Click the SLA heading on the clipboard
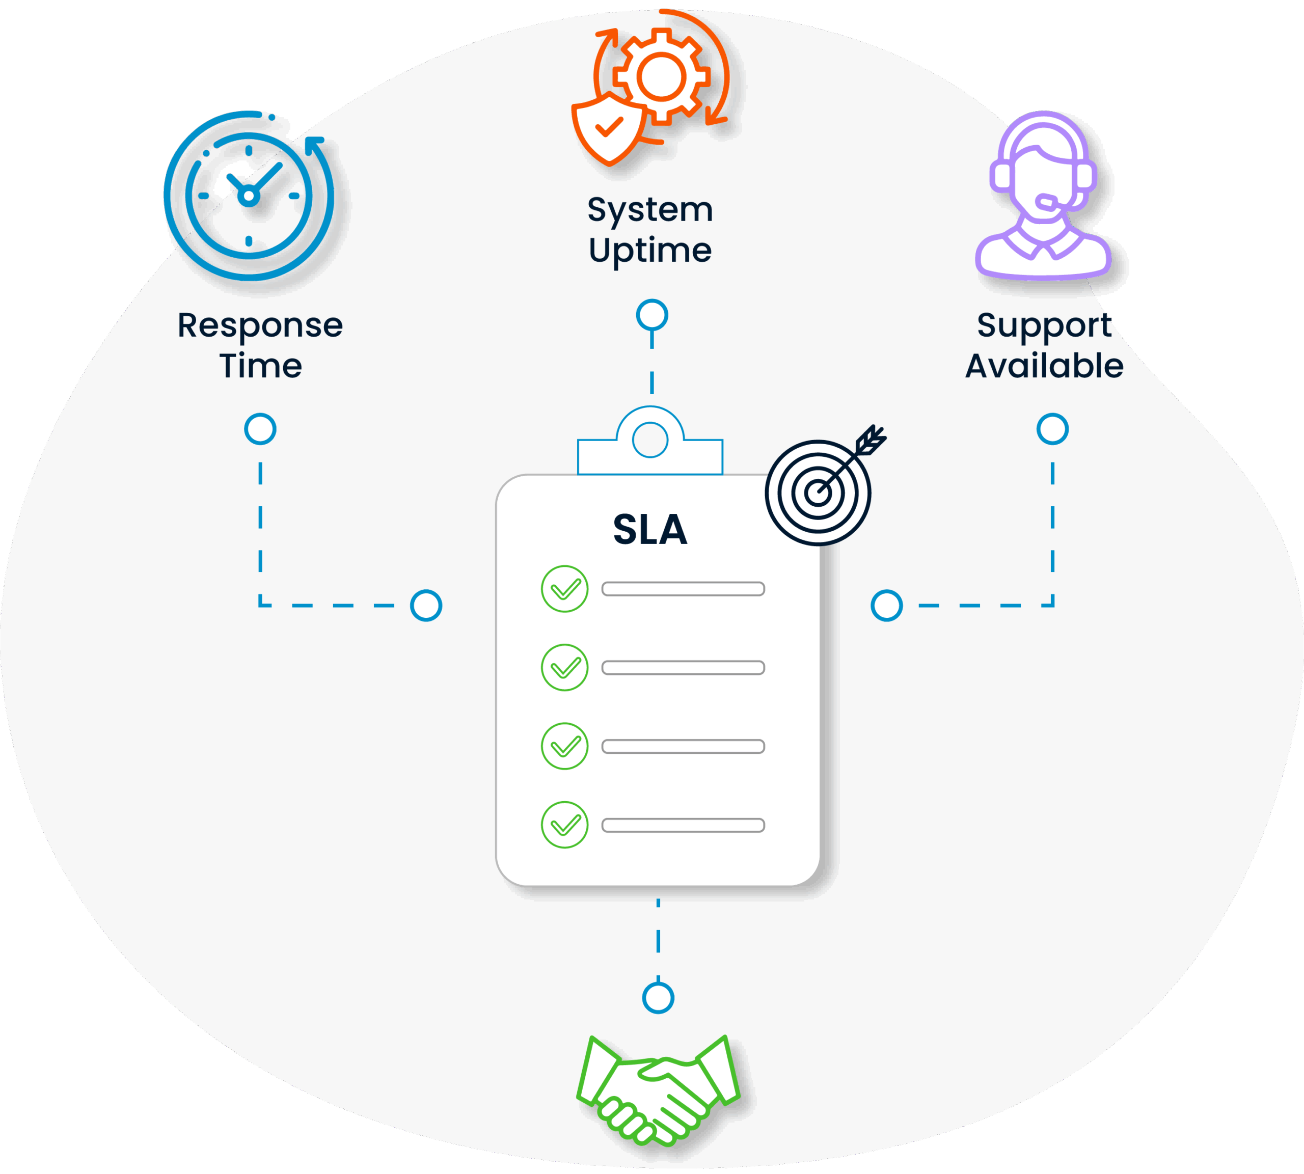[x=650, y=530]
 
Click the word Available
[x=1044, y=366]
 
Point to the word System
[x=650, y=210]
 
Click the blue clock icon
[x=250, y=196]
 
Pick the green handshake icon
[x=658, y=1089]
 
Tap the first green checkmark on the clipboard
[x=564, y=589]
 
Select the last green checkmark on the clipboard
[x=564, y=825]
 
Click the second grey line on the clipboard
[x=683, y=668]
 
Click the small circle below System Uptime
[x=651, y=315]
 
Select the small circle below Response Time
[x=260, y=429]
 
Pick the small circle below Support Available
[x=1052, y=429]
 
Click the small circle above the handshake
[x=658, y=997]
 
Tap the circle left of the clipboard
[x=426, y=606]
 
